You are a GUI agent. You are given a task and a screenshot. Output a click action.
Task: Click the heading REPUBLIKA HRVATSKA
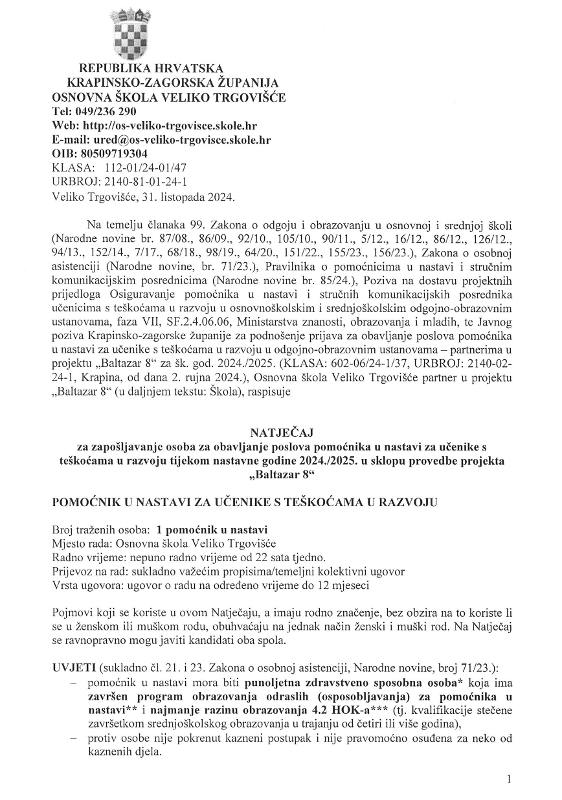[x=151, y=69]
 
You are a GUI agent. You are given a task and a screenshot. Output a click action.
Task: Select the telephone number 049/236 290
[x=103, y=111]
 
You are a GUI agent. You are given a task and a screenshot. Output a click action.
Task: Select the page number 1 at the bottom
[x=510, y=780]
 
